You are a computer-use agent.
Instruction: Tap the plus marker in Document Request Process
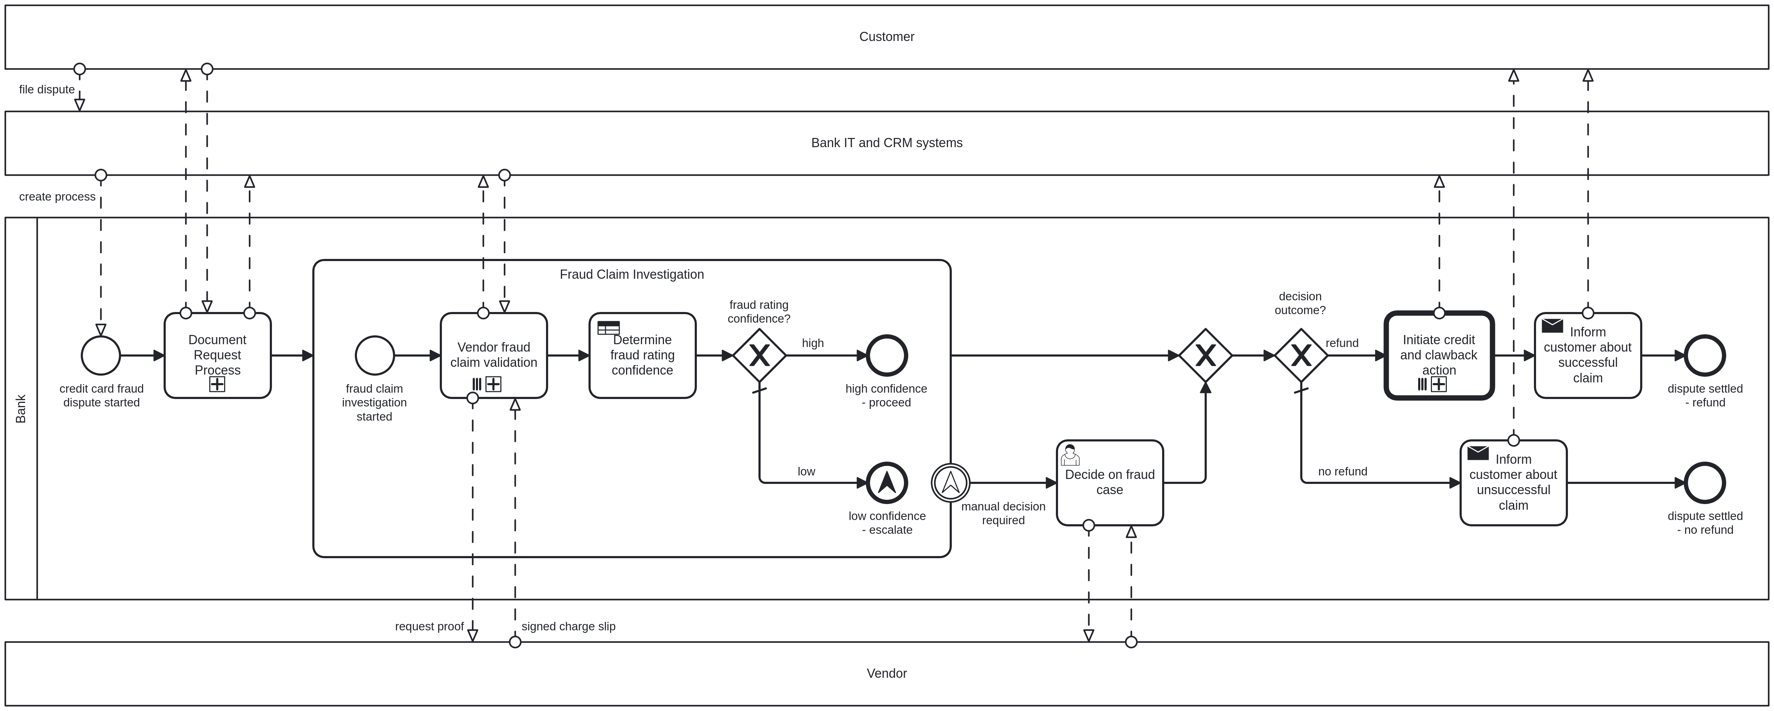217,384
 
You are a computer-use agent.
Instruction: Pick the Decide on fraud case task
1109,485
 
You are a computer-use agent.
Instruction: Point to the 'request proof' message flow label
429,626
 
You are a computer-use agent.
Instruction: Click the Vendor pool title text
886,673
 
